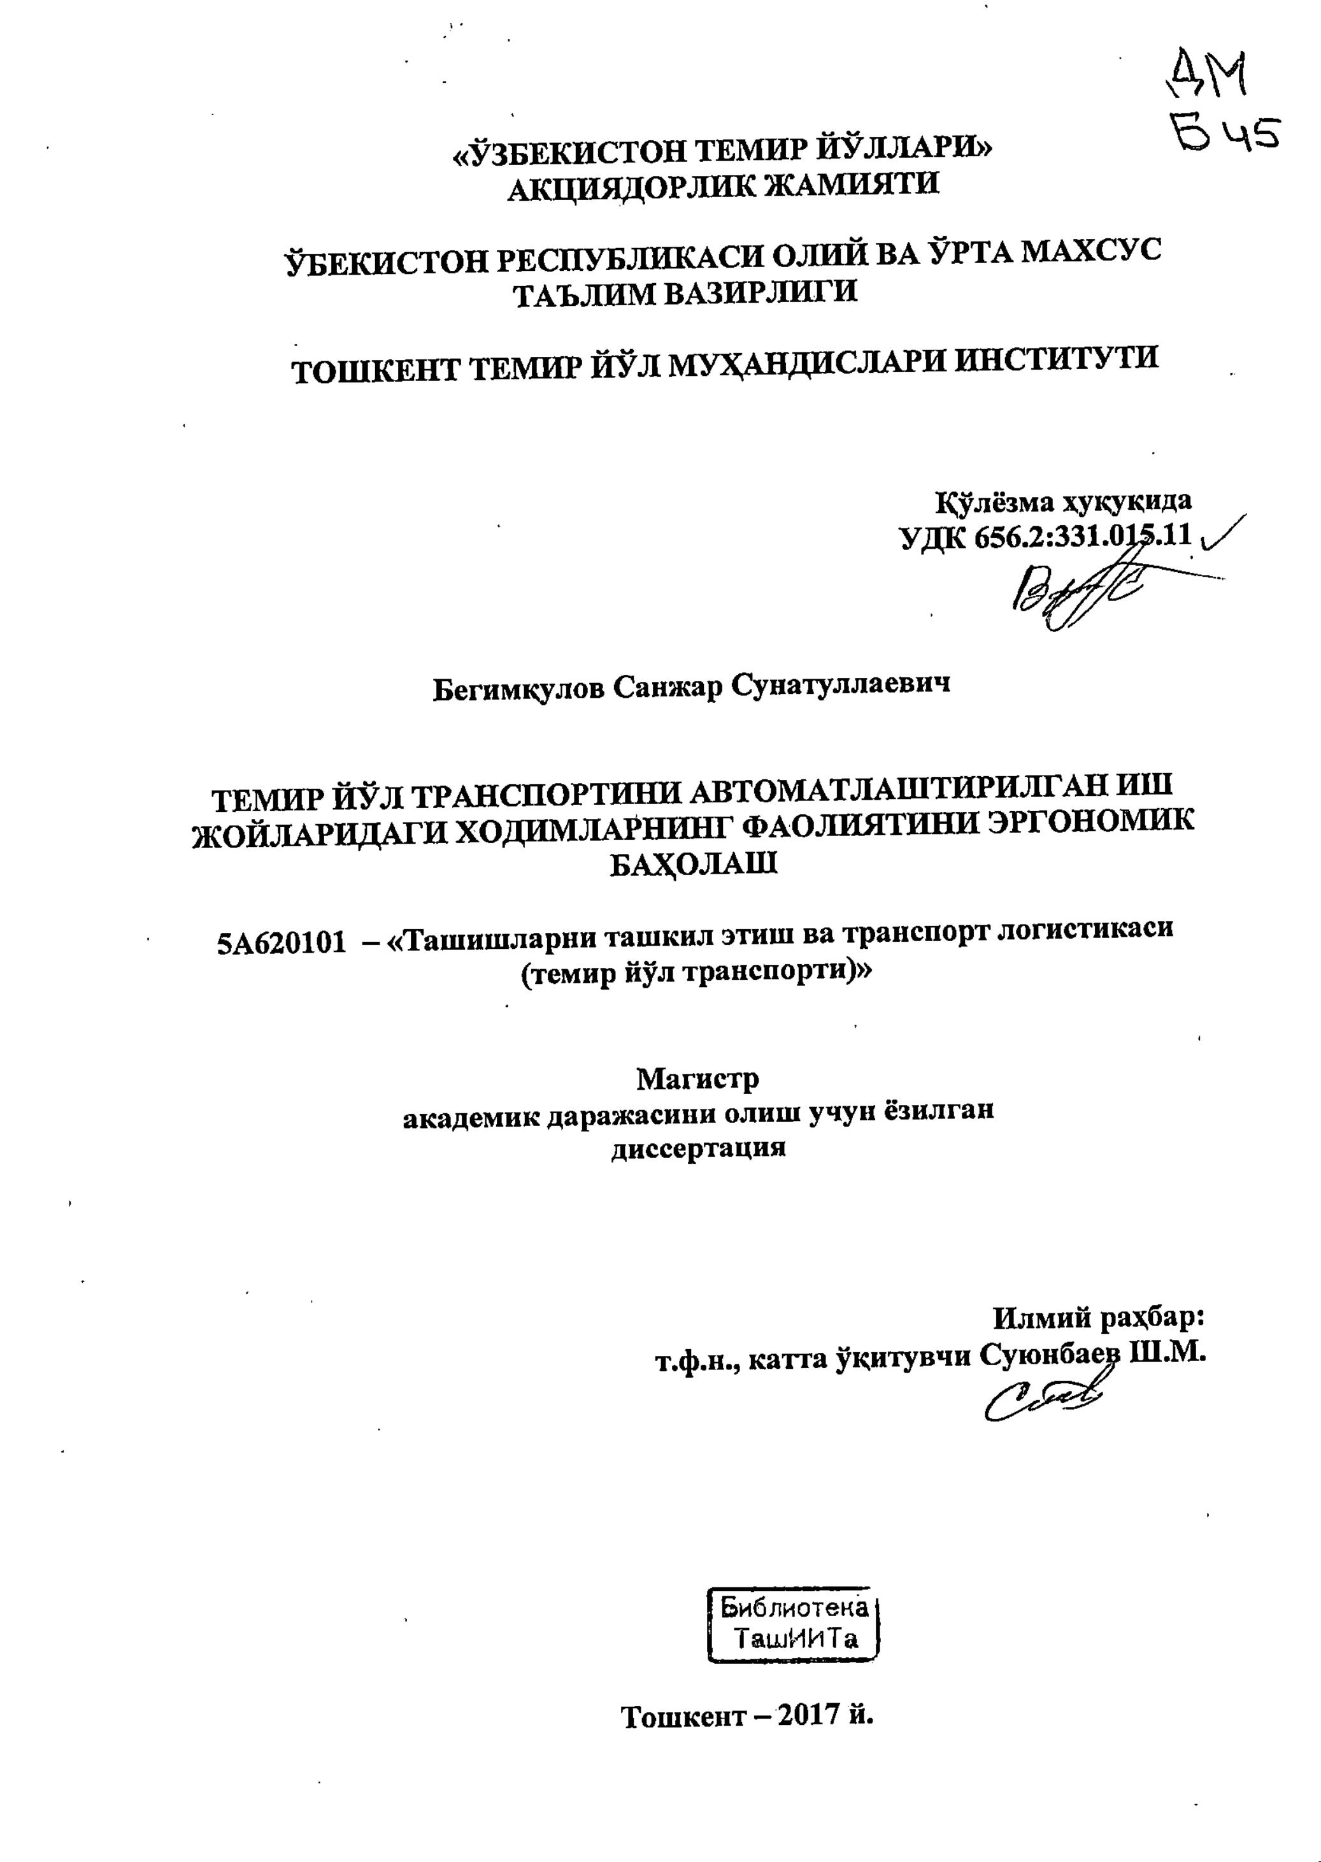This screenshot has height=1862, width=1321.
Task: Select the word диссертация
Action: point(698,1148)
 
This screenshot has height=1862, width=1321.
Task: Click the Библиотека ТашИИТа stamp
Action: point(796,1624)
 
